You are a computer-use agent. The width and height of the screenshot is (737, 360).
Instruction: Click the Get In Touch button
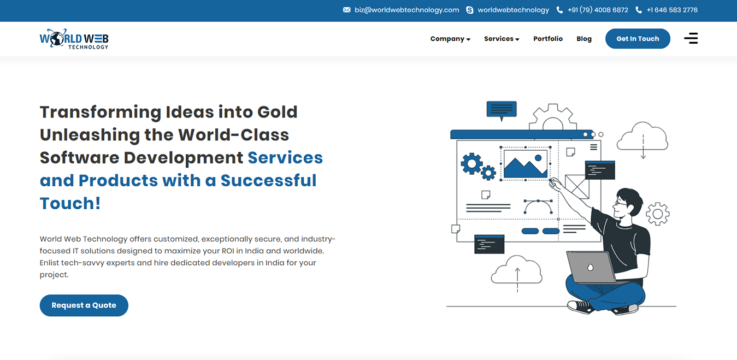click(638, 38)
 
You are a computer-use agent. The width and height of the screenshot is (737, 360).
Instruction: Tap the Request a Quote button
click(84, 305)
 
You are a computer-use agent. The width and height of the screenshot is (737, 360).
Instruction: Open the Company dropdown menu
click(450, 39)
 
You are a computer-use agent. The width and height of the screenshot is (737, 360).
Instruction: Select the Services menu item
click(502, 39)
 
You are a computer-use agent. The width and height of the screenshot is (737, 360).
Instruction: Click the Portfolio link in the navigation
click(548, 39)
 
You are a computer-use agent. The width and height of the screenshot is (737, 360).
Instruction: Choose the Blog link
click(584, 39)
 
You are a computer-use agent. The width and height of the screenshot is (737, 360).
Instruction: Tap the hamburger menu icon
click(691, 38)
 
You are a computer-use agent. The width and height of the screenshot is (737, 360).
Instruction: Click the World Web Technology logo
click(74, 39)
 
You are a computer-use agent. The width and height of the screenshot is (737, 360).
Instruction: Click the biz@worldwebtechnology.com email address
click(406, 10)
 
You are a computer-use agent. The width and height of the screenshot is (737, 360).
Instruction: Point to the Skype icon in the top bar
click(469, 10)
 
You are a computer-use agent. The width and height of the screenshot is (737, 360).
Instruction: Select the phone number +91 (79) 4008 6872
click(598, 10)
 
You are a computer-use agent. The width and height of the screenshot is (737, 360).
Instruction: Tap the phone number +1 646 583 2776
click(672, 10)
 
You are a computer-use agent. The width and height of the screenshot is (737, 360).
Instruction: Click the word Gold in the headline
click(278, 112)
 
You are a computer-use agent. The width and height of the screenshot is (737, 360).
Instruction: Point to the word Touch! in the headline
click(70, 203)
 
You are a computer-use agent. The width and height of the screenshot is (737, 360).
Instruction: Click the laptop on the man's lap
click(591, 267)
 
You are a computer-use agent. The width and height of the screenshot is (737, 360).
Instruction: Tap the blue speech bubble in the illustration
click(502, 110)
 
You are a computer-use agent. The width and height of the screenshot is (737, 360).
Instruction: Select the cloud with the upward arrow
click(517, 272)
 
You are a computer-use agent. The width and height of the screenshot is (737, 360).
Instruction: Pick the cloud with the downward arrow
click(642, 138)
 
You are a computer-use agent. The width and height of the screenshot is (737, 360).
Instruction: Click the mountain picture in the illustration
click(526, 164)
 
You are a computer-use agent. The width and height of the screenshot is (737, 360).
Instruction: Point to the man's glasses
click(620, 203)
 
